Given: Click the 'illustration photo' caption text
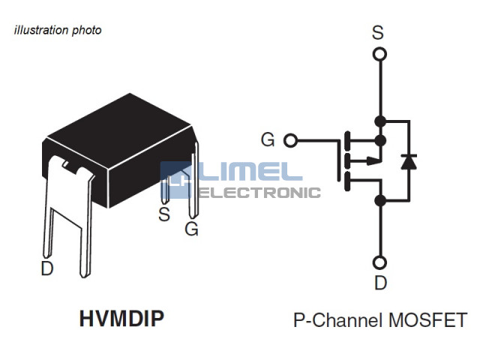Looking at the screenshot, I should pos(58,31).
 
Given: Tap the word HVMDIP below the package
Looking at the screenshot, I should pos(121,319).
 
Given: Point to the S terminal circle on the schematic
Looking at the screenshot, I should pos(380,54).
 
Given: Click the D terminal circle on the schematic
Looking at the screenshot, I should pos(380,262).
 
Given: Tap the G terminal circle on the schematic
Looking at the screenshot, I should pos(292,140).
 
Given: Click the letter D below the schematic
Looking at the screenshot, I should pos(381,283).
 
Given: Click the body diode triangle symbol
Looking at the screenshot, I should pos(409,160).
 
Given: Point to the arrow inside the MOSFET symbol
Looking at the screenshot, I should pos(371,160).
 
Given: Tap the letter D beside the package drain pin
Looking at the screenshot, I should pos(46,268).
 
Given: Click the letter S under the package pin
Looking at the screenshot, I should pos(164,214).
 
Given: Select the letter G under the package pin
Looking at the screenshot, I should pos(192,229).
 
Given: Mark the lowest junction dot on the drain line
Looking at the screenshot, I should pos(380,200).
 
